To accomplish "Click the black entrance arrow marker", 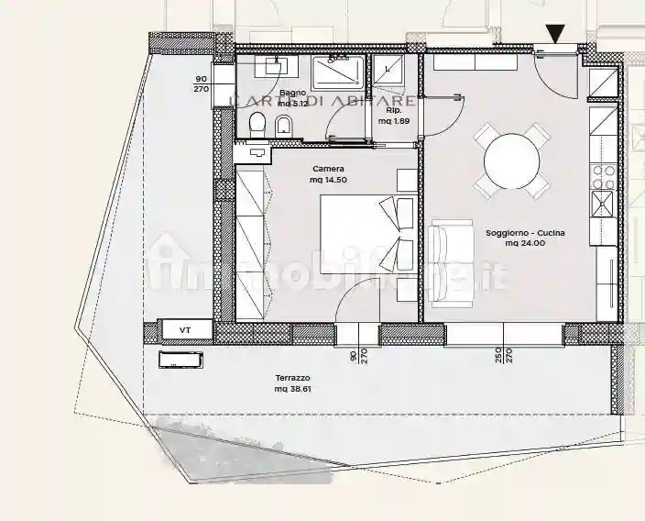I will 554,34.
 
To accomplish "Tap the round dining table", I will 510,160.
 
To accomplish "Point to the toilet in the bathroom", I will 257,125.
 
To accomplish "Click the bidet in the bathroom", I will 284,125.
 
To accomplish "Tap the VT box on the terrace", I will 185,329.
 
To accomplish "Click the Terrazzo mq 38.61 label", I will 293,383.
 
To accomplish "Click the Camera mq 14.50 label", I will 328,174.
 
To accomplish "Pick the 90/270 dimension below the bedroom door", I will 357,356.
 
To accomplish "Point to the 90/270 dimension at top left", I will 202,84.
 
